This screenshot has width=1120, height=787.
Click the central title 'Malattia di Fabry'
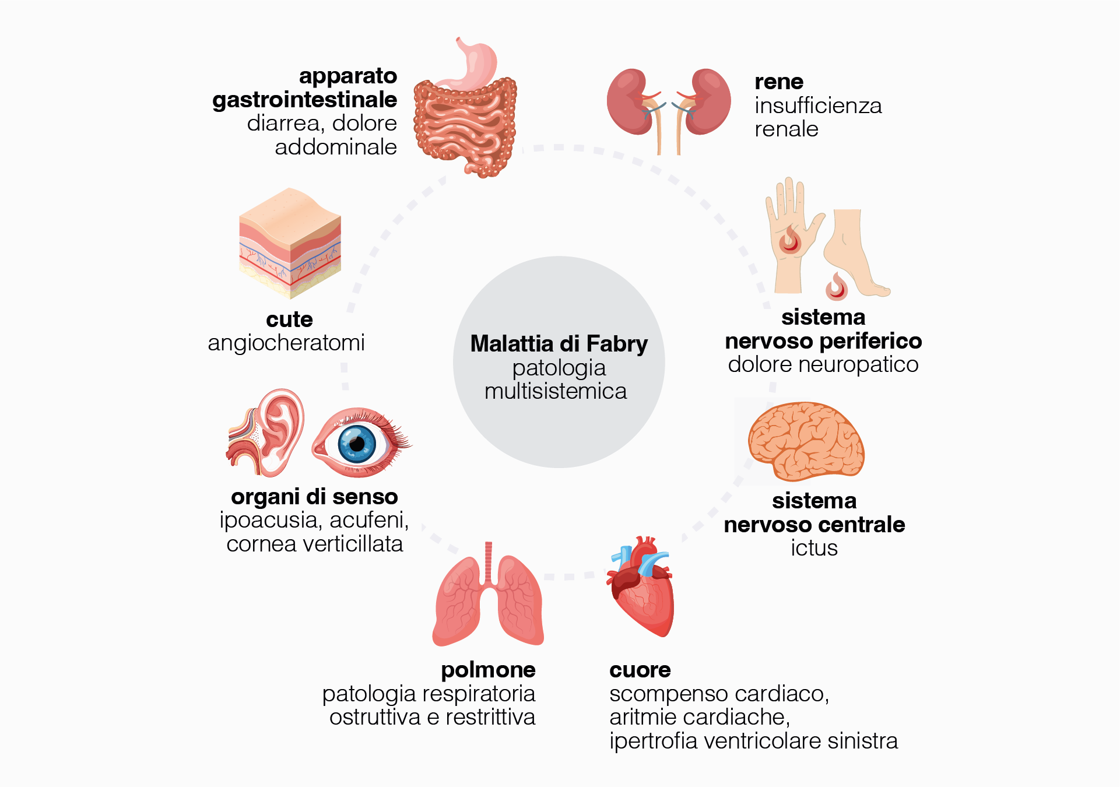coord(559,344)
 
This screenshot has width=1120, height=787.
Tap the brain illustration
coord(806,441)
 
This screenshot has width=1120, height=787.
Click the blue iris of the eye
coord(357,444)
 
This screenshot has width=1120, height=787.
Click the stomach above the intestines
coord(475,64)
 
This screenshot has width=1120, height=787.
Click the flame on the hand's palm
coord(790,240)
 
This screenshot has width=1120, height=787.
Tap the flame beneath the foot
coord(836,287)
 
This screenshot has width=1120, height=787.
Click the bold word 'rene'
coord(778,82)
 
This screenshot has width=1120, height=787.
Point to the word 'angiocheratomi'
coord(286,343)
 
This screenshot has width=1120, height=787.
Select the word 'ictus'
coord(814,549)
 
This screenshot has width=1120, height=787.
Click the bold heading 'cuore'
coord(640,670)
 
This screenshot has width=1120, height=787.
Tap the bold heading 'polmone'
coord(488,670)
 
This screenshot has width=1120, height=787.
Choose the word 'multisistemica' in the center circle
coord(556,391)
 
